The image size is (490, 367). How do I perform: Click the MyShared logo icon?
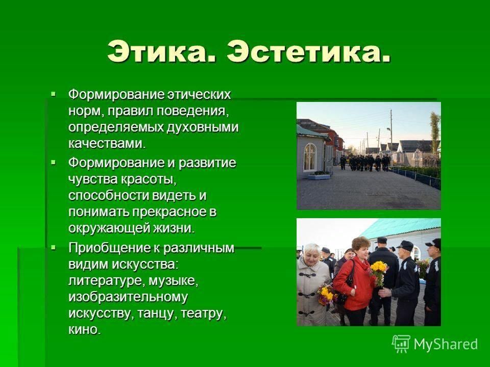pos(401,344)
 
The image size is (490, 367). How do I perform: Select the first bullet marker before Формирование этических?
pos(54,93)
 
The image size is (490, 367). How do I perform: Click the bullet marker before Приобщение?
pos(54,248)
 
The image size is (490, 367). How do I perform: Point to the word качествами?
pos(107,144)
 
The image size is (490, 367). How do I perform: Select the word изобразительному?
pos(128,297)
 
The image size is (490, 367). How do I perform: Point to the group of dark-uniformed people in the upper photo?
pos(364,163)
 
